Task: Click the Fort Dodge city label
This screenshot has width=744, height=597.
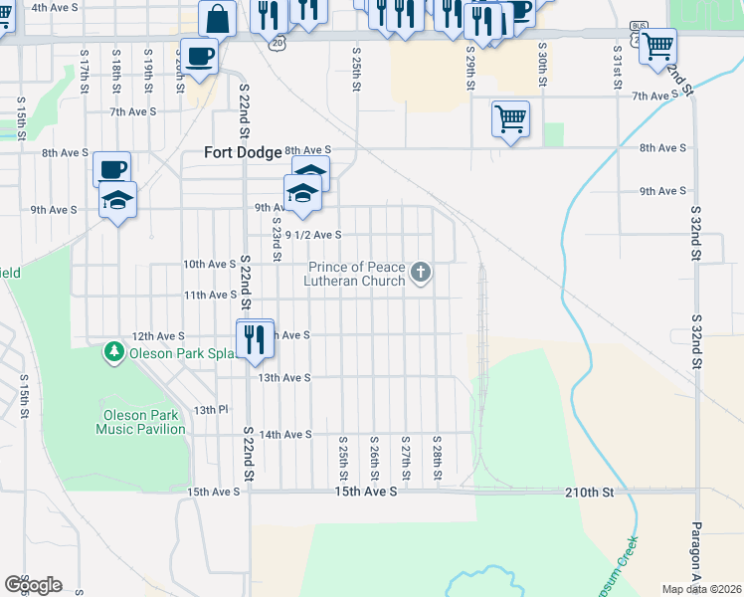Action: [x=238, y=152]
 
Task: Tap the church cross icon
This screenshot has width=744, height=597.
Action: [x=421, y=272]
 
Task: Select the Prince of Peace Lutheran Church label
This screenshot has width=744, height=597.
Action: [x=356, y=274]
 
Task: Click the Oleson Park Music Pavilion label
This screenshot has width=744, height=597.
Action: [x=140, y=422]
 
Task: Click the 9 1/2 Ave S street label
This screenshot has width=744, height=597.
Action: [x=313, y=235]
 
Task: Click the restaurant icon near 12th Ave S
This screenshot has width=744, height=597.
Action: [x=256, y=337]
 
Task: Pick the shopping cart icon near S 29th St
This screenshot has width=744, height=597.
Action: [x=510, y=118]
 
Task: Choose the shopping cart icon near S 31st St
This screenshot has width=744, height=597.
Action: [x=657, y=46]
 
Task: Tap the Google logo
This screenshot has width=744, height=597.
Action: [x=33, y=585]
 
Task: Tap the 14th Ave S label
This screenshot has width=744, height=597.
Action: [x=285, y=435]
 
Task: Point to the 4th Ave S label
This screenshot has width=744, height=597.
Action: [x=56, y=7]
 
